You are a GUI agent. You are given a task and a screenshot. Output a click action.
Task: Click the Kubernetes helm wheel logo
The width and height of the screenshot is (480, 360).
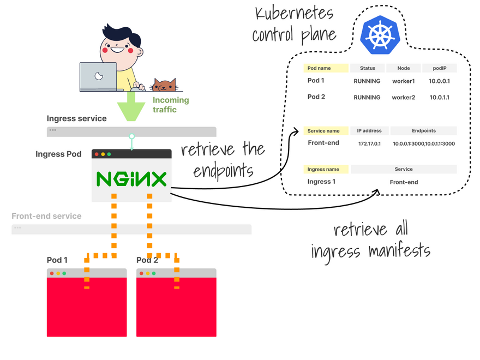click(x=380, y=34)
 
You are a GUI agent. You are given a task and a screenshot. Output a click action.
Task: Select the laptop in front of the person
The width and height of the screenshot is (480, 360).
click(x=98, y=76)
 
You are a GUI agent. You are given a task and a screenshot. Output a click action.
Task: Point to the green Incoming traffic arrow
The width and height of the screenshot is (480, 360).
click(x=131, y=106)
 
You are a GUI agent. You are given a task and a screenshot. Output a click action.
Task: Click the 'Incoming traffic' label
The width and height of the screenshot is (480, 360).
click(x=170, y=105)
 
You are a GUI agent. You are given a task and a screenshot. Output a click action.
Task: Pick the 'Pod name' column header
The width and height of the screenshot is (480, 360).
click(x=326, y=68)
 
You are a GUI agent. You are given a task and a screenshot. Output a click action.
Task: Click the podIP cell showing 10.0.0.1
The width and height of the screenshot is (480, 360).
click(x=439, y=81)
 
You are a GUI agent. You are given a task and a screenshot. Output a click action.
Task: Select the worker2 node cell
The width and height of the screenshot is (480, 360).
click(x=404, y=98)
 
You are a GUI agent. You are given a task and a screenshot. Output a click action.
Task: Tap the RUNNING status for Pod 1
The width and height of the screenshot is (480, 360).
click(x=367, y=81)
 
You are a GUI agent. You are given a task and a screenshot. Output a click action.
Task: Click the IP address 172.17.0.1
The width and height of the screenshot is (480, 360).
click(x=369, y=144)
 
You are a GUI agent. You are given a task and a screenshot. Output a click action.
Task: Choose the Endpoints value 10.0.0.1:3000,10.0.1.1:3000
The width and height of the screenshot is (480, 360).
click(x=424, y=144)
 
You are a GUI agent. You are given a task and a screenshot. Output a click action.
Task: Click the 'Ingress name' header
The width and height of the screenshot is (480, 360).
click(x=327, y=169)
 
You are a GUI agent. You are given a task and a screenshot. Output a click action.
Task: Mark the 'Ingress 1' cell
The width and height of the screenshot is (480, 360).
click(x=322, y=182)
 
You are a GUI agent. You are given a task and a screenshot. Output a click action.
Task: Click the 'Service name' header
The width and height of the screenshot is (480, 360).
click(x=323, y=131)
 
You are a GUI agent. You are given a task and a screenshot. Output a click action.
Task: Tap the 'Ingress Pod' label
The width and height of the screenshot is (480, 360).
click(x=58, y=154)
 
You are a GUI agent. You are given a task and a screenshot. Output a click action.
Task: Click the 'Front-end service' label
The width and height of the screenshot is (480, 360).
click(x=46, y=216)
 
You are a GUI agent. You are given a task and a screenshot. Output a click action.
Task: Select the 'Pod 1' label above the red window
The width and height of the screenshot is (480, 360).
click(x=57, y=260)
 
